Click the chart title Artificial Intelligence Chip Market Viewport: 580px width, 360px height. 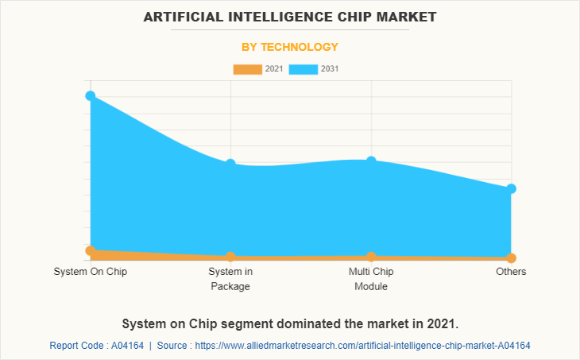(290, 16)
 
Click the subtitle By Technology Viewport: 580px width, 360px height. (290, 47)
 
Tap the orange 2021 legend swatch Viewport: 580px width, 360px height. (247, 69)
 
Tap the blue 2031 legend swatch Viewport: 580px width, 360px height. (304, 69)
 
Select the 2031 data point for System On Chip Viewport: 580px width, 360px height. (91, 96)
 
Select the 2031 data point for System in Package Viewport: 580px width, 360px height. (230, 164)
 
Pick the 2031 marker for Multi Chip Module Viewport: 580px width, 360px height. (371, 161)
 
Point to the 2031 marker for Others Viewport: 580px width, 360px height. (512, 188)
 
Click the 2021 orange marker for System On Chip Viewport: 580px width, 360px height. (91, 250)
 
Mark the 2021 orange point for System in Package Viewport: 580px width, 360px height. (230, 257)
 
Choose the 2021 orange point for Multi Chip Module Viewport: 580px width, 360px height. (371, 257)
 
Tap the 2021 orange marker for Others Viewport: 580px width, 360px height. (512, 258)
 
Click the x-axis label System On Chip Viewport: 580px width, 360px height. (91, 272)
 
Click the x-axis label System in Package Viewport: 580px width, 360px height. (230, 279)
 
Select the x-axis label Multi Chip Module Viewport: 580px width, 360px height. (371, 279)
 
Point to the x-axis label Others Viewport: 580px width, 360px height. (512, 272)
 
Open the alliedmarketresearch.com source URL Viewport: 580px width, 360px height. (362, 346)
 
